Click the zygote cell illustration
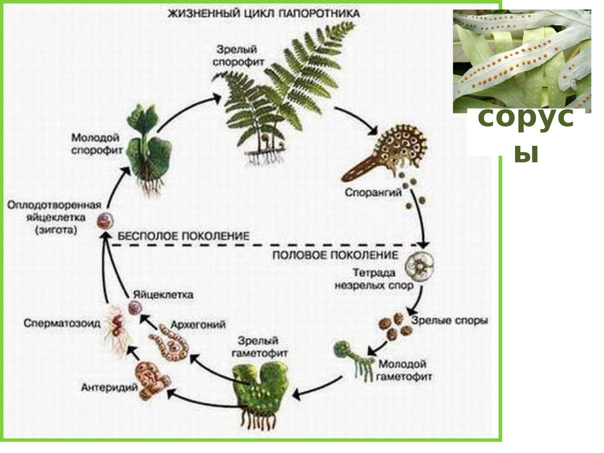[103, 221]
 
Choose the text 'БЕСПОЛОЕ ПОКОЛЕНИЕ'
[184, 236]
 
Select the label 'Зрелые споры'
[449, 321]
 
